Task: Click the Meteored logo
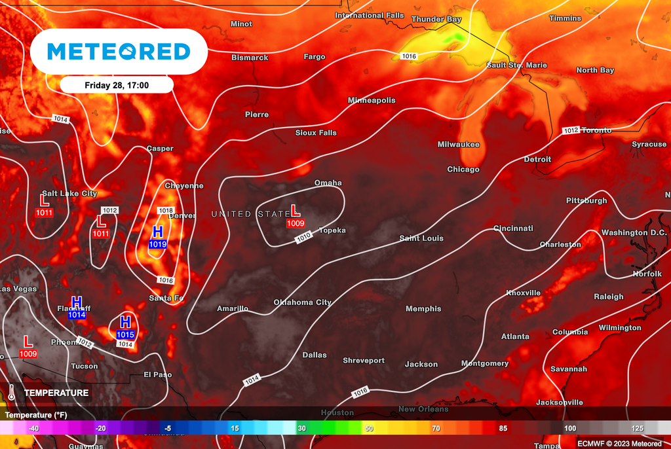119,51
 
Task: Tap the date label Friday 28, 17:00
117,85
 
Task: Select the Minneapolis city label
372,101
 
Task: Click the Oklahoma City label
302,303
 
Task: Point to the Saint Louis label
421,238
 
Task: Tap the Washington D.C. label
634,233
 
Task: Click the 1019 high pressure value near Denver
157,244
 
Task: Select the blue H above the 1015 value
126,322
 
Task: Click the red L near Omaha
295,211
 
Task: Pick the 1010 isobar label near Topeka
303,238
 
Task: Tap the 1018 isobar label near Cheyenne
165,211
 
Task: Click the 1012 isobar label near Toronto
571,131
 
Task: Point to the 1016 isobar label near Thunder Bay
409,57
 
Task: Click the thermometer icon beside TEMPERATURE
12,393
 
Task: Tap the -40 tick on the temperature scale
33,428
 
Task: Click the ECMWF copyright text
621,443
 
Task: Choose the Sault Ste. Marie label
516,65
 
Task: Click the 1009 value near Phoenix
28,354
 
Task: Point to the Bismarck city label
250,58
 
